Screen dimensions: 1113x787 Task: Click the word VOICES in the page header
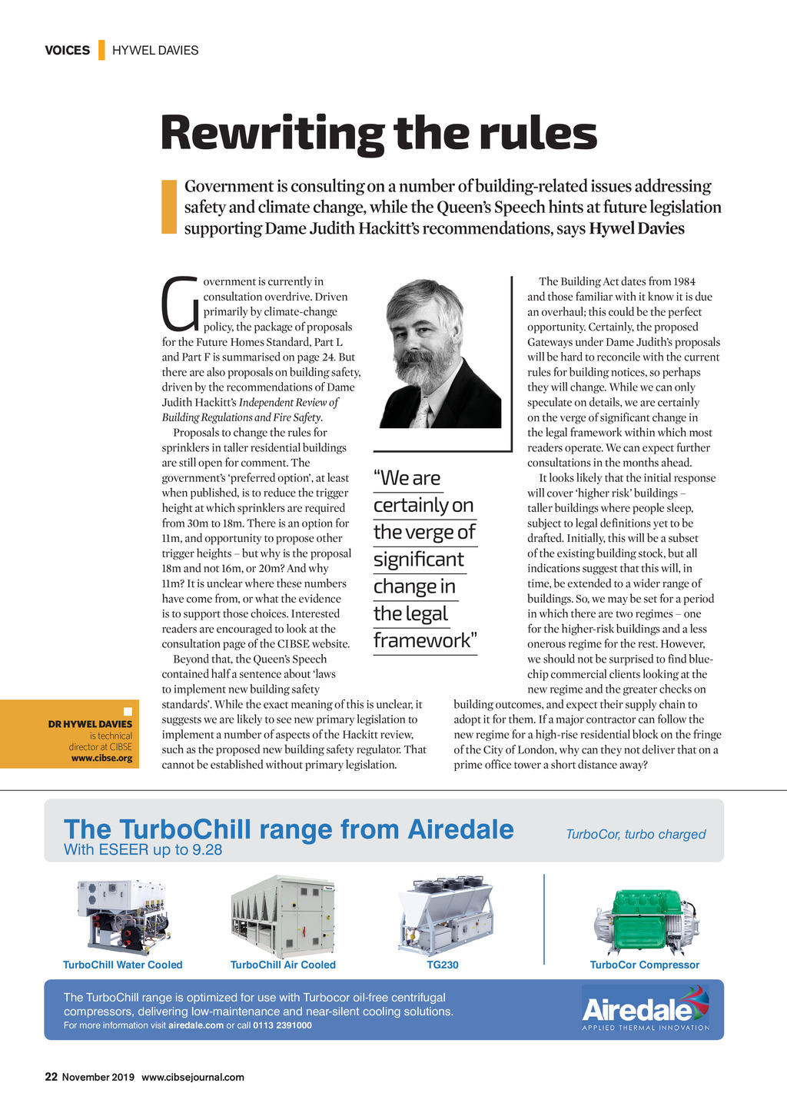[x=67, y=51]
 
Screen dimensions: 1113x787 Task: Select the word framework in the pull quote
[x=421, y=640]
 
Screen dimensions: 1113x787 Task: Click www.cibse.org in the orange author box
[x=101, y=758]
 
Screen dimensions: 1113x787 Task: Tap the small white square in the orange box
[x=128, y=711]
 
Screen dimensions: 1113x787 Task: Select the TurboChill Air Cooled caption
[x=283, y=965]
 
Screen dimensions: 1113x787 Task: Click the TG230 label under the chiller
[x=443, y=965]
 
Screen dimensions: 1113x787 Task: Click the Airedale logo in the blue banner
[x=645, y=1009]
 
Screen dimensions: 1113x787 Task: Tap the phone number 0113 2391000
[x=282, y=1025]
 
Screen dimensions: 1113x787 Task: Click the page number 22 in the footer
[x=51, y=1077]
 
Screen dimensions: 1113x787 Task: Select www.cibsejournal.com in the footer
[x=193, y=1077]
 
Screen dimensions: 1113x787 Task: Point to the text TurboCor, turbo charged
[x=636, y=834]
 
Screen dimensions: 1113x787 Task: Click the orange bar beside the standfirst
[x=169, y=207]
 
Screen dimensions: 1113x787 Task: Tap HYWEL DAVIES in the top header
[x=155, y=51]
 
